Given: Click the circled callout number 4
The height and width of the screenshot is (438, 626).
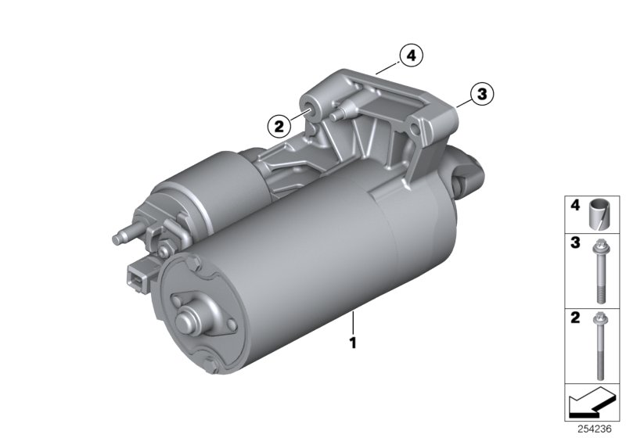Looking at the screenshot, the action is (x=411, y=56).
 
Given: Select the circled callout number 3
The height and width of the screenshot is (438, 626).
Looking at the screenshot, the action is (x=482, y=94).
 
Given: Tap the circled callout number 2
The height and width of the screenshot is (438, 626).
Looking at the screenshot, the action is (x=279, y=127).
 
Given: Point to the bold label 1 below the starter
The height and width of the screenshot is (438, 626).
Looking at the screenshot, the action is (x=353, y=343).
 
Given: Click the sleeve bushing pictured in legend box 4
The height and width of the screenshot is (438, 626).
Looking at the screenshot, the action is (x=598, y=214).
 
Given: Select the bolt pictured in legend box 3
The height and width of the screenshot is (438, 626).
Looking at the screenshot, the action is (x=599, y=271).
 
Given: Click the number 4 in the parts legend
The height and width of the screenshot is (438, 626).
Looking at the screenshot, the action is (x=575, y=206).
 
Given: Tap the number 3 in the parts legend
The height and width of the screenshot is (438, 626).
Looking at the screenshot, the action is (x=575, y=242).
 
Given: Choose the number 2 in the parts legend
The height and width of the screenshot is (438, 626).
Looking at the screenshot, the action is (x=575, y=318).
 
